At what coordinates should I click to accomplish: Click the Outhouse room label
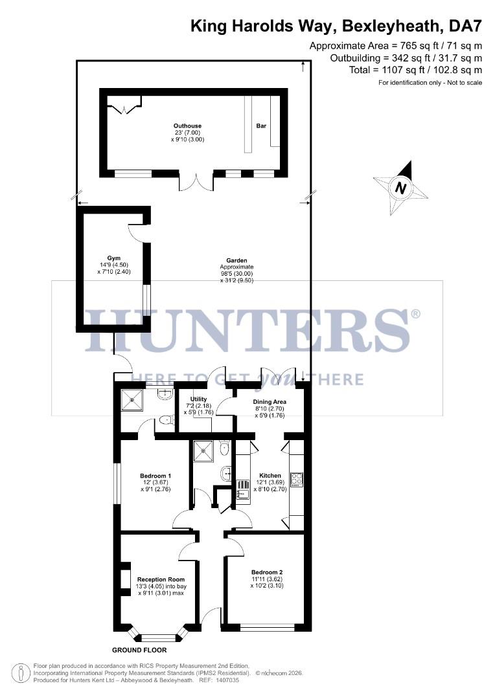(187, 126)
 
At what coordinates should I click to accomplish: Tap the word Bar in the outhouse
(262, 126)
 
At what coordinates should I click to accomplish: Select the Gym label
(114, 258)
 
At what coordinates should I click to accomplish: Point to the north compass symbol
(401, 188)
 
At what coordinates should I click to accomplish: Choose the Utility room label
(198, 399)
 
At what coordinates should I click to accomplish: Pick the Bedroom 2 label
(267, 572)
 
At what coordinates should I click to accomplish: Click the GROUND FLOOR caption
(139, 650)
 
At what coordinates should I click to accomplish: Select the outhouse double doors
(196, 182)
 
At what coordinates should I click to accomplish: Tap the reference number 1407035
(225, 680)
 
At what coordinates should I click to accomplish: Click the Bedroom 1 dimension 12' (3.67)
(155, 483)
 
